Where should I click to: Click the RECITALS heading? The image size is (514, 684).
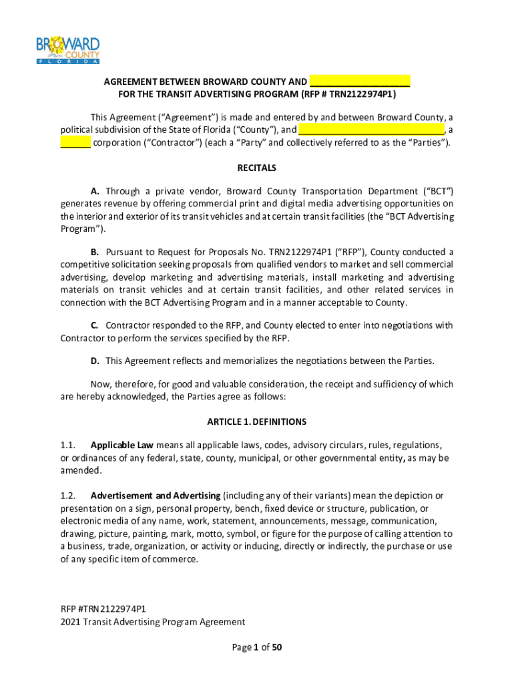coord(257,168)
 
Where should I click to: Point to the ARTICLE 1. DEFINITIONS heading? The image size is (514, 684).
coord(257,421)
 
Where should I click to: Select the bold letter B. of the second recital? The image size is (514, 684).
coord(95,252)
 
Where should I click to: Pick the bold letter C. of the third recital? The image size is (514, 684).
coord(95,325)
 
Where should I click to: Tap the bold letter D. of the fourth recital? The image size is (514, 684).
coord(95,361)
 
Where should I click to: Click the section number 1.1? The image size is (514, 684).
coord(68,445)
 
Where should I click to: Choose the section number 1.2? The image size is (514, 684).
coord(68,496)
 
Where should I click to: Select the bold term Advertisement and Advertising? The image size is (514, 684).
coord(155,496)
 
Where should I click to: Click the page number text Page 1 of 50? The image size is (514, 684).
coord(257,647)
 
